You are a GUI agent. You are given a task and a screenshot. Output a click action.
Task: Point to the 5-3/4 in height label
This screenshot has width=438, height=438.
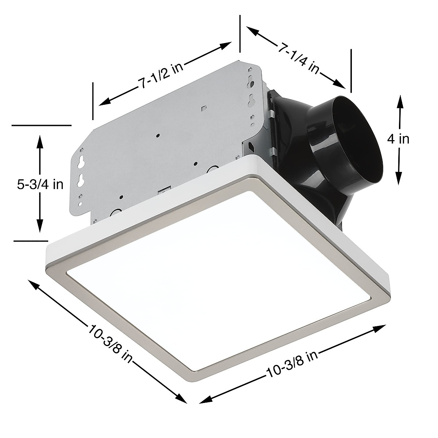40,184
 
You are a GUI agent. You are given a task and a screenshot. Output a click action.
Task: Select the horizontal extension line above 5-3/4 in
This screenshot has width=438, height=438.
41,125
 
